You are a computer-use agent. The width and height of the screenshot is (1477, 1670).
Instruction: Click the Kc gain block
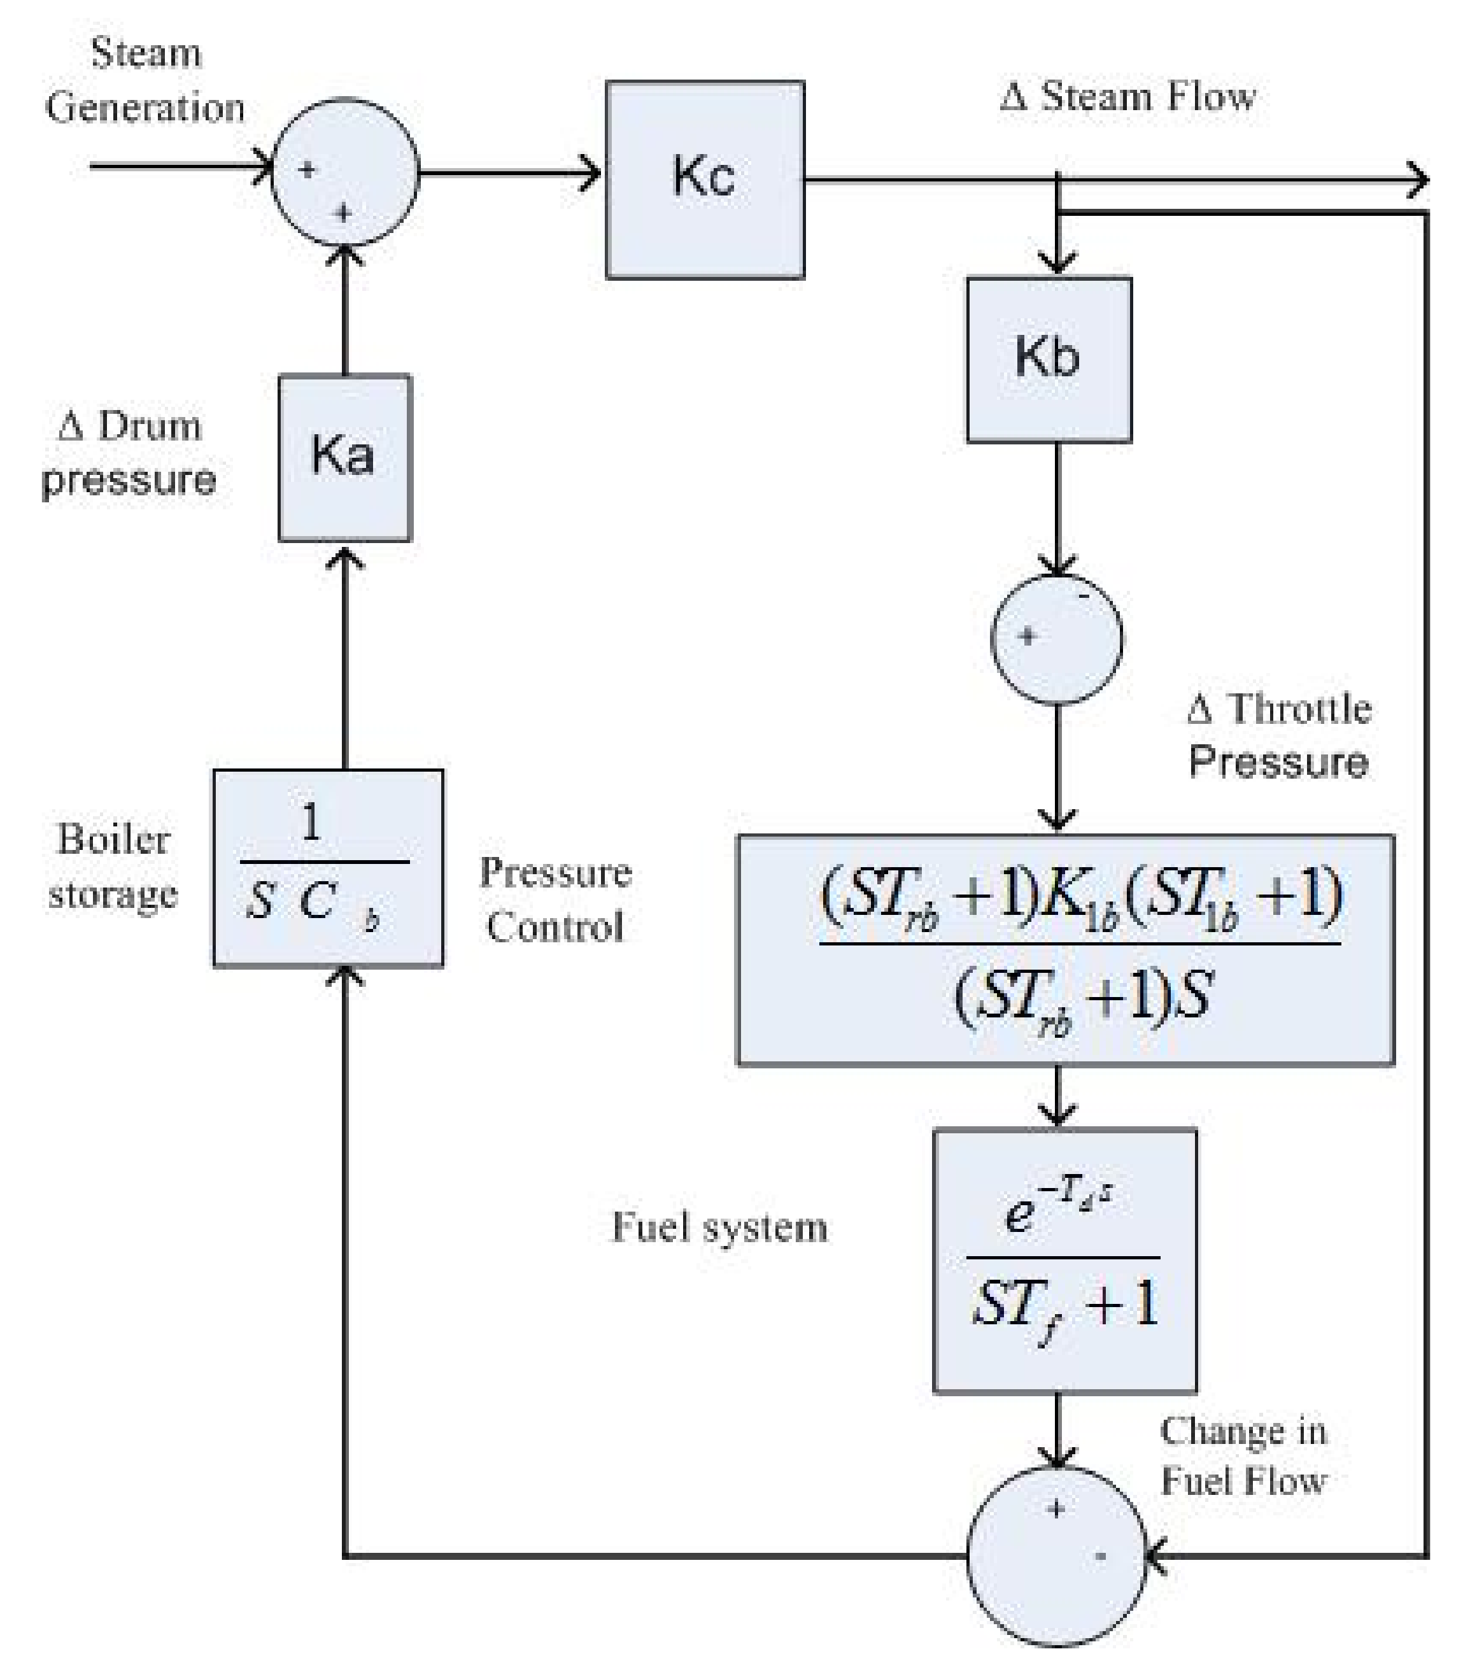pyautogui.click(x=704, y=180)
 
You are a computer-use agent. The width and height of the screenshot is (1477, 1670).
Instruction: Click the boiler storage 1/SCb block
pyautogui.click(x=329, y=868)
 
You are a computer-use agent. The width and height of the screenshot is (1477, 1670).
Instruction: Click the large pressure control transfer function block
pyautogui.click(x=1065, y=949)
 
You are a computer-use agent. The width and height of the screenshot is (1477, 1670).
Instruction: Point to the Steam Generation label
pyautogui.click(x=145, y=80)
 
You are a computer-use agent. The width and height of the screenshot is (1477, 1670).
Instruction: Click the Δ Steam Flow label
pyautogui.click(x=1127, y=96)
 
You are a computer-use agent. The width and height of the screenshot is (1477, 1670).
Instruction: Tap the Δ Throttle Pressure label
pyautogui.click(x=1278, y=735)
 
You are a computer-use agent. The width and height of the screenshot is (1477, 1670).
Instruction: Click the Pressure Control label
pyautogui.click(x=556, y=899)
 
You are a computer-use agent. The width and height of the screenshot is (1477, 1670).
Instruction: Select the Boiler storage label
pyautogui.click(x=113, y=866)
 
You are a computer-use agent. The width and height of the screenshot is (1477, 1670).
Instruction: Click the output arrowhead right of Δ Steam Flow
pyautogui.click(x=1419, y=180)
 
